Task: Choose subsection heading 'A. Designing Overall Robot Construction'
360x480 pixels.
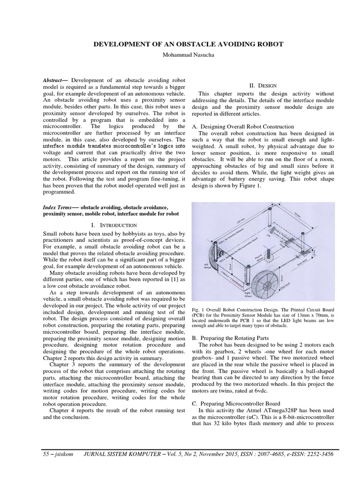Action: [243, 127]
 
